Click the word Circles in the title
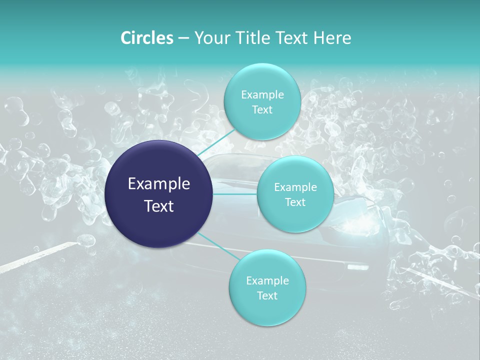147,37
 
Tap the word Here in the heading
332,37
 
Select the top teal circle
261,80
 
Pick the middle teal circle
295,172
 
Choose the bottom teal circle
267,310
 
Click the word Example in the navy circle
159,184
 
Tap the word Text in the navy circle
159,206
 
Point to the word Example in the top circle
262,95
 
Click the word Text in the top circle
262,110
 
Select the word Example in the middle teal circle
295,187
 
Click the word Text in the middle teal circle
295,202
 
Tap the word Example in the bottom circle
267,281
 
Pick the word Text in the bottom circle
267,296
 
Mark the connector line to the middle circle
235,194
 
